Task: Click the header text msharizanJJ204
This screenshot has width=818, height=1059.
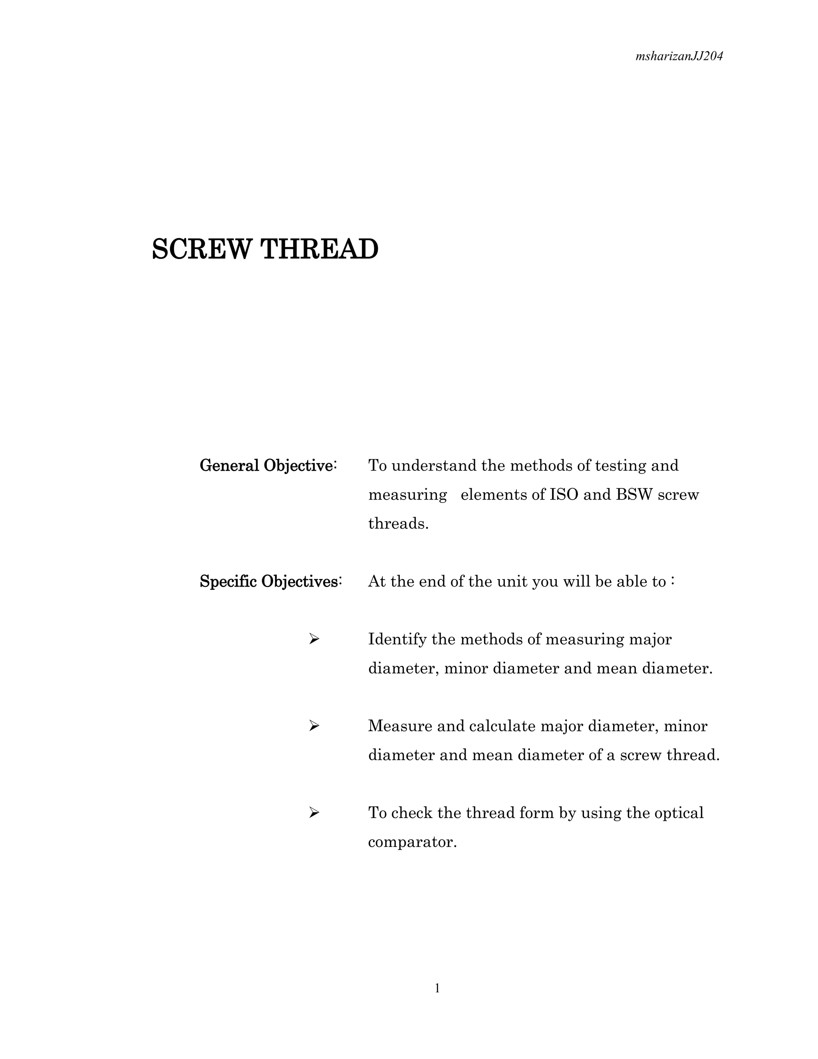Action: tap(679, 57)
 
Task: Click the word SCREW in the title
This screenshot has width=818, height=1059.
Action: tap(202, 249)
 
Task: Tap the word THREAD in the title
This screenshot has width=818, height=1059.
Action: tap(320, 249)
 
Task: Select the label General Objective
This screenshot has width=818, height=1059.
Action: tap(266, 466)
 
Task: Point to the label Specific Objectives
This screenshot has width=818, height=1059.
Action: tap(270, 581)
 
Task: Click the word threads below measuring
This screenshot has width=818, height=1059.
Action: tap(398, 524)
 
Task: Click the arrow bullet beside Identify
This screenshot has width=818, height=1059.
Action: tap(314, 639)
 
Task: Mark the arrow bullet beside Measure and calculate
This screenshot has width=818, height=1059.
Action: tap(314, 726)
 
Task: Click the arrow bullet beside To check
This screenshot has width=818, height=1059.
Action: tap(314, 813)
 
